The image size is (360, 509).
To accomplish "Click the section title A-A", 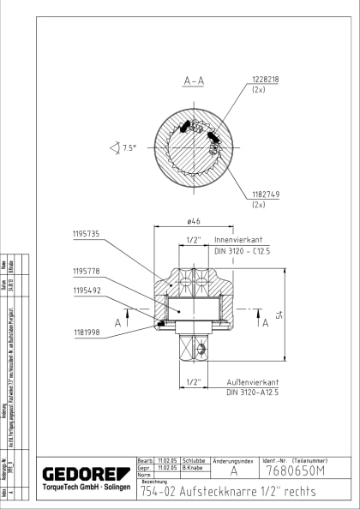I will coord(193,81).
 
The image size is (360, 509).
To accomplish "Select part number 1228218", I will coord(267,79).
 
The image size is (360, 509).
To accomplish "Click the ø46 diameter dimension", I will coord(194,222).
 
